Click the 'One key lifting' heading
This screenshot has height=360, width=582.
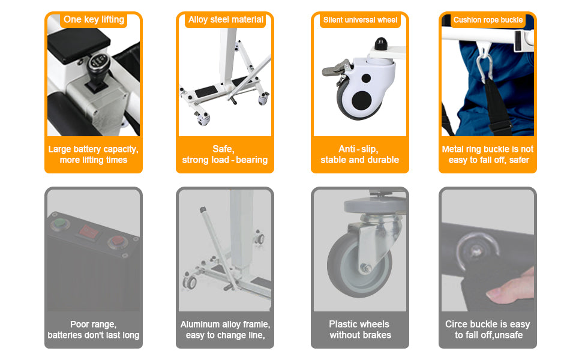pos(94,19)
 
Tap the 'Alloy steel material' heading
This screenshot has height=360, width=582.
pos(226,20)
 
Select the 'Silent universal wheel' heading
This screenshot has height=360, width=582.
pos(360,20)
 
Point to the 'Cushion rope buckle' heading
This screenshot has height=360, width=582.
pos(488,20)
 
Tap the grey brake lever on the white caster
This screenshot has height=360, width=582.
pos(336,68)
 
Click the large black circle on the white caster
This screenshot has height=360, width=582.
pos(362,100)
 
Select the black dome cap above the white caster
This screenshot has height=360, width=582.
pos(380,44)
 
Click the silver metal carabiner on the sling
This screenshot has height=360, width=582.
pos(484,65)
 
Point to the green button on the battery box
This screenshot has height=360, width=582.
pos(59,224)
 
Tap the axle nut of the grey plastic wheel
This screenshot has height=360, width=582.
pos(365,268)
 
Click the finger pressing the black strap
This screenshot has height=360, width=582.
pos(510,287)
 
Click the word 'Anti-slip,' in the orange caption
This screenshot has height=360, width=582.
pos(358,149)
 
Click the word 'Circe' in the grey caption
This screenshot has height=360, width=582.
pos(456,324)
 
